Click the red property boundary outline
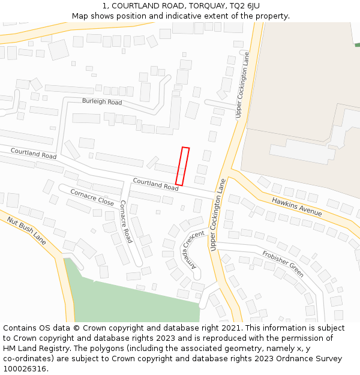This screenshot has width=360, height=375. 182,166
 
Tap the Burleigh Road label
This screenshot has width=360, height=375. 102,102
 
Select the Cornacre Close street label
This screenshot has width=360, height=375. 92,197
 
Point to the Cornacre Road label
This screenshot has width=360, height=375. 125,221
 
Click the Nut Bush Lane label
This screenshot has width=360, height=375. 26,230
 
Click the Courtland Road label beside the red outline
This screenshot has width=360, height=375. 155,184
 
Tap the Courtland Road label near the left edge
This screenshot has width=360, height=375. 33,154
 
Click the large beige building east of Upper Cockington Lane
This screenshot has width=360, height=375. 300,90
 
